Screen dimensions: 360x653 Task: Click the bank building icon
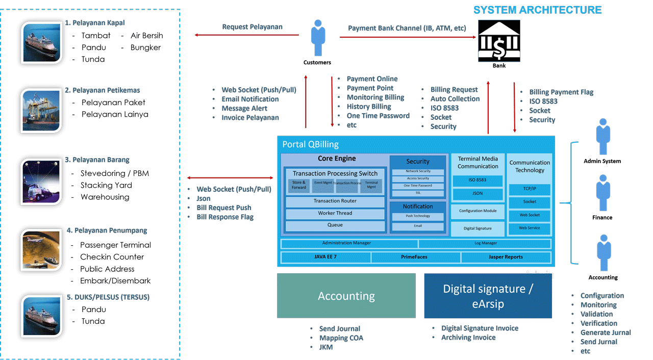pos(498,41)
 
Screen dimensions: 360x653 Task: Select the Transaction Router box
pos(335,201)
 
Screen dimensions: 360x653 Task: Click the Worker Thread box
pos(335,214)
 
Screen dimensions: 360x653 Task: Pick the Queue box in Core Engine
pos(335,225)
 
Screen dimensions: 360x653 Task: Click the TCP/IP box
pos(530,189)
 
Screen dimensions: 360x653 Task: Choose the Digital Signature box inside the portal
pos(477,228)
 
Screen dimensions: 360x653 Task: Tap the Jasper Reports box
pos(506,257)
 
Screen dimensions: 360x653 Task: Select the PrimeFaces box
pos(414,257)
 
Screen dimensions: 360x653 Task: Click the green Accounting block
pos(346,296)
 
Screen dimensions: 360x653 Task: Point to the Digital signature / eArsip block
pos(488,296)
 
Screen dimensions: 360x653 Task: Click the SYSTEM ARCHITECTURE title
pos(537,10)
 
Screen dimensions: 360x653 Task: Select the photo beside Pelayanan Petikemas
pos(41,111)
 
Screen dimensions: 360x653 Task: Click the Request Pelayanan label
pos(252,27)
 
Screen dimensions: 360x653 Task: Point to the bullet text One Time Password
pos(378,116)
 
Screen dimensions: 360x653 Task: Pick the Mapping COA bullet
pos(341,338)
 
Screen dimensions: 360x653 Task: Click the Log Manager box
pos(485,243)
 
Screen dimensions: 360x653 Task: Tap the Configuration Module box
pos(478,211)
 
